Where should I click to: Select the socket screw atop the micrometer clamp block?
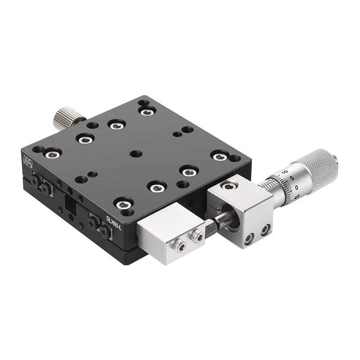pyautogui.click(x=229, y=186)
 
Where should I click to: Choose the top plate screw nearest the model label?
pyautogui.click(x=123, y=205)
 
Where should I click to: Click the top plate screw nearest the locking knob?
pyautogui.click(x=85, y=139)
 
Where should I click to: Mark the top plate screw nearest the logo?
pyautogui.click(x=53, y=155)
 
